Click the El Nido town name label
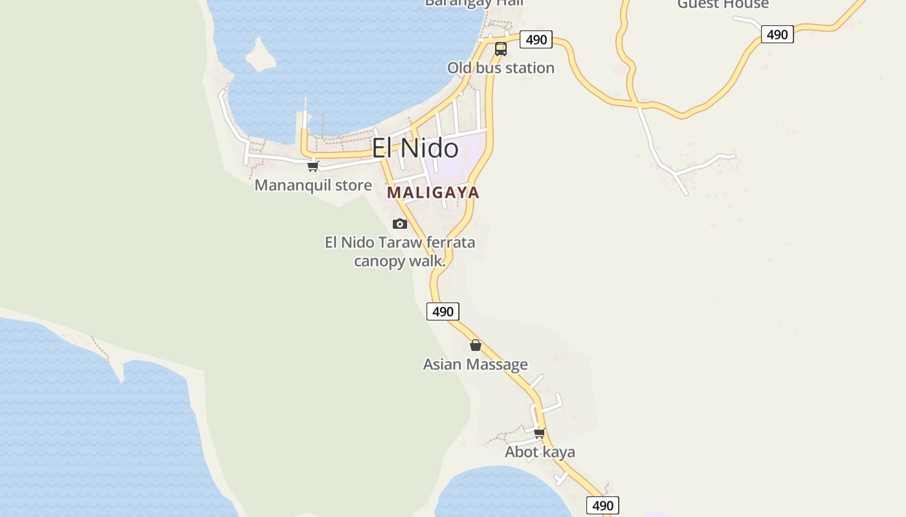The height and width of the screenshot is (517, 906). tap(415, 148)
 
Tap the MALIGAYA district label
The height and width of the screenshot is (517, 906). tap(433, 193)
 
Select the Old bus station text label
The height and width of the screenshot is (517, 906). tap(500, 68)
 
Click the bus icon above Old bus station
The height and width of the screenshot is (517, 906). tap(500, 49)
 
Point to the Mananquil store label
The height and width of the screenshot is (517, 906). tap(313, 185)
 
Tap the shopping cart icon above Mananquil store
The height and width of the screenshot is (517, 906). tap(313, 166)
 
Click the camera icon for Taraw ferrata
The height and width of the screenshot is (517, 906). tap(400, 224)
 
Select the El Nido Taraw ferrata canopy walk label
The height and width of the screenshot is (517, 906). tap(400, 251)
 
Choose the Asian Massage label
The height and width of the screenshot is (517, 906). tap(475, 364)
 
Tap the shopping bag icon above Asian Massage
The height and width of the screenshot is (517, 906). tap(476, 345)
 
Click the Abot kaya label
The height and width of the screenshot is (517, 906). tap(540, 452)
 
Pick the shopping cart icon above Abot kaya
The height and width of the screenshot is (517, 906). tap(540, 433)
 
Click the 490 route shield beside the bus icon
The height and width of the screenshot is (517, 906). tap(536, 39)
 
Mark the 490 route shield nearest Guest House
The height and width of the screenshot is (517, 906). tap(777, 34)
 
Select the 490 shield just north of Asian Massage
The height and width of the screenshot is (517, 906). tap(443, 311)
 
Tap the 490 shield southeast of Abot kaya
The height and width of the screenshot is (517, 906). tap(602, 505)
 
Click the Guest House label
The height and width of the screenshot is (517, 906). tap(723, 4)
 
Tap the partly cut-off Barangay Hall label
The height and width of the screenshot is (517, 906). tap(474, 3)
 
